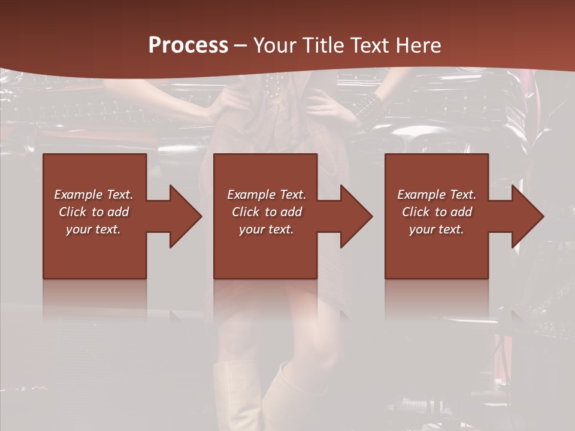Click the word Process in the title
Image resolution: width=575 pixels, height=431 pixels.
tap(188, 45)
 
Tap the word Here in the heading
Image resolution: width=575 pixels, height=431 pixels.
tap(417, 45)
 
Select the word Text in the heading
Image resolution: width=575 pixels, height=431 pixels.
tap(370, 45)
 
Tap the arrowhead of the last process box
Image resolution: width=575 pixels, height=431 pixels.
tap(526, 216)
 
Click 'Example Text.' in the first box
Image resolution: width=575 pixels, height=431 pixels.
tap(94, 195)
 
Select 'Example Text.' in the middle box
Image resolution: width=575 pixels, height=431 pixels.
tap(267, 195)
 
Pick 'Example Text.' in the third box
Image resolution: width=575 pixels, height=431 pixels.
tap(437, 195)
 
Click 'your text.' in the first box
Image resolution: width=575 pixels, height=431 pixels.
tap(93, 229)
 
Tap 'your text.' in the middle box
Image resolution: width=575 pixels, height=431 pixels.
tap(266, 229)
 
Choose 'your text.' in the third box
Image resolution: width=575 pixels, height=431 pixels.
tap(436, 229)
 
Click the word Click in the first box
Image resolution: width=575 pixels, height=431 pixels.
tap(72, 212)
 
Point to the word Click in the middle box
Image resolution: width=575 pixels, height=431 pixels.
tap(246, 212)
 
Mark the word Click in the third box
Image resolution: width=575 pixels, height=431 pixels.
tap(416, 212)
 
